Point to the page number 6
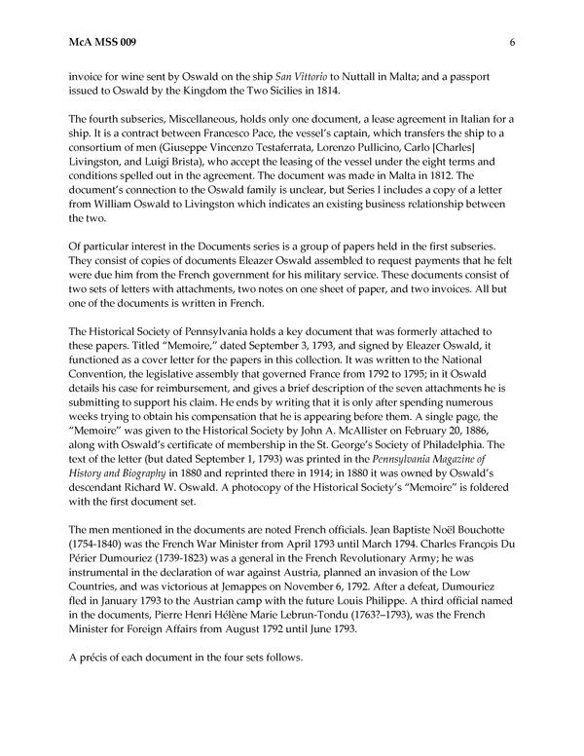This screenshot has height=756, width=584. (511, 42)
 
